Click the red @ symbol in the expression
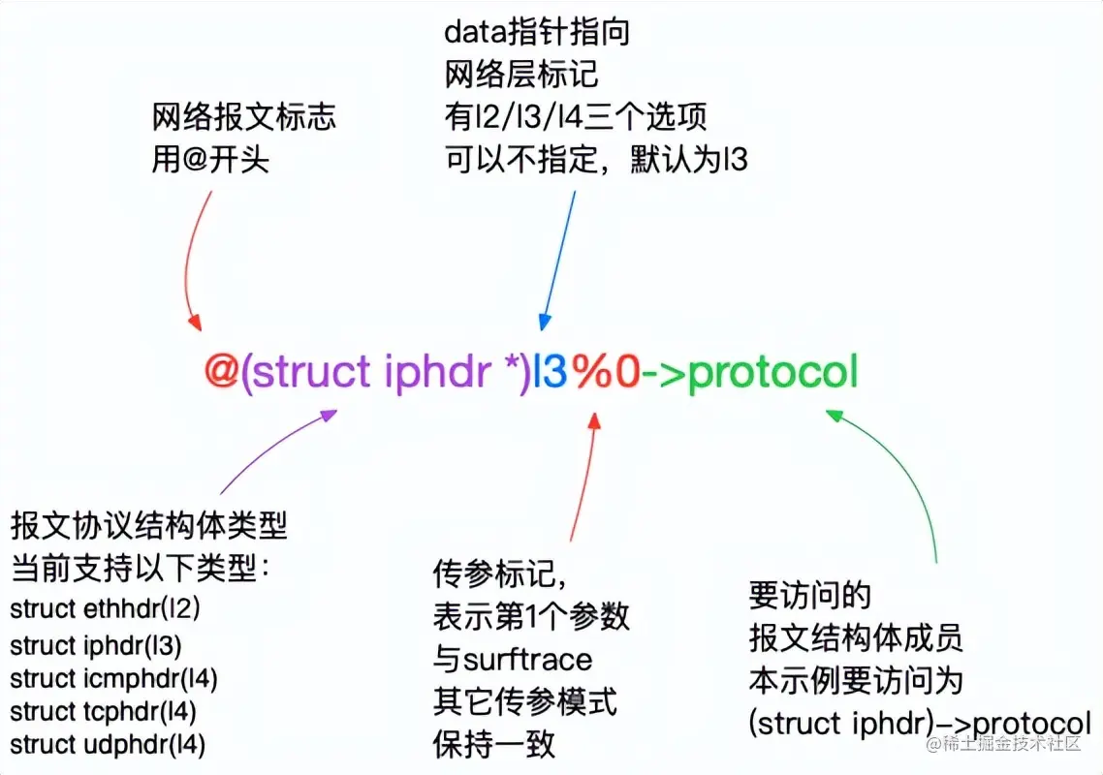[221, 373]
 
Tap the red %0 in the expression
[606, 373]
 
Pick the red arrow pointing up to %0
[582, 475]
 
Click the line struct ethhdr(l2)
[106, 609]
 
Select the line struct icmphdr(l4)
[114, 678]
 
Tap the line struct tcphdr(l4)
[104, 712]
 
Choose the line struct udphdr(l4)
[108, 745]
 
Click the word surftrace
[527, 661]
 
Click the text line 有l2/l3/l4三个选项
[575, 116]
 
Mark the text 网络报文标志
[244, 117]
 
